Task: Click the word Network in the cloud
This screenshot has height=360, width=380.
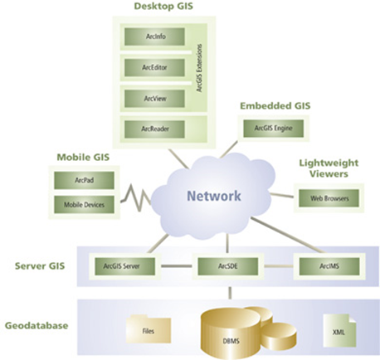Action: point(212,197)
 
